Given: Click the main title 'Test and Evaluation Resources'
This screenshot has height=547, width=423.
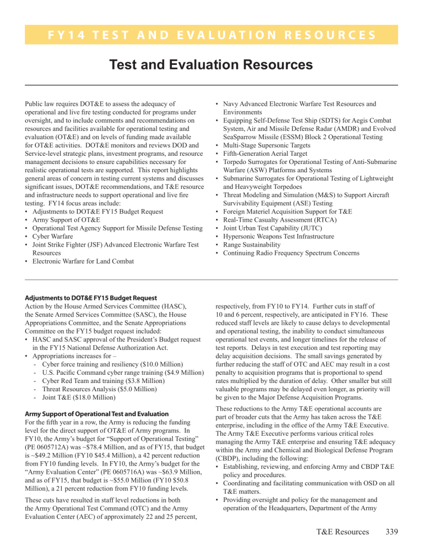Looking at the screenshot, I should coord(211,65).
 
